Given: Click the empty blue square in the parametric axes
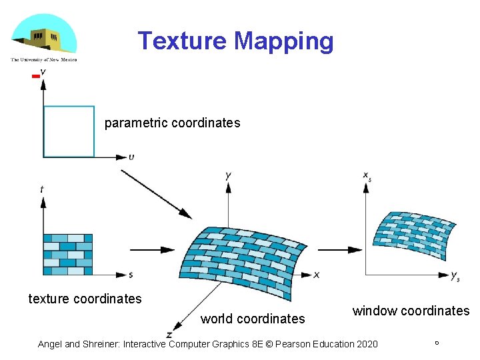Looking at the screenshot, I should [69, 131].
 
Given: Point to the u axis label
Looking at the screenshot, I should [131, 158].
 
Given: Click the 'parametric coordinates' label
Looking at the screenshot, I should [172, 123].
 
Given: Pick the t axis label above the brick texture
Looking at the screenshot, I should [42, 189].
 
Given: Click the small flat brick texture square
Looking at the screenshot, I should [68, 255].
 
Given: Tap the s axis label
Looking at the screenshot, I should [131, 275].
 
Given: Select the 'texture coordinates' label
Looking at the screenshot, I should [85, 299].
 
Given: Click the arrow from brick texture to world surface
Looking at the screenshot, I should [152, 250].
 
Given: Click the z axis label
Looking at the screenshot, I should [170, 334].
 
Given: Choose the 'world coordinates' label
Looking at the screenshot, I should [253, 319].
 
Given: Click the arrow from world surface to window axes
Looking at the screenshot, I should [340, 249].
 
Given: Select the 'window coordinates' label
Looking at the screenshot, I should [411, 311].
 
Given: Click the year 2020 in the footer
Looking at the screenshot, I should [366, 344].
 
